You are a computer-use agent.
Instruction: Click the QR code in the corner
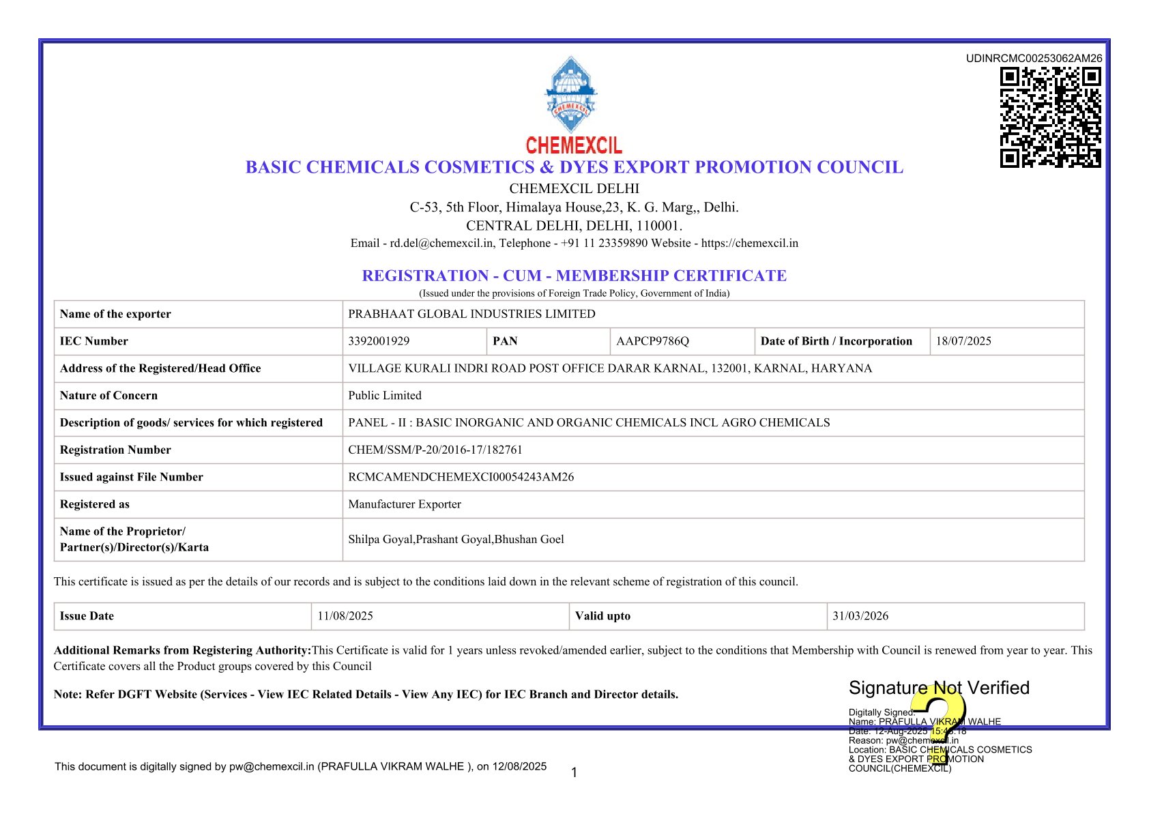click(1050, 117)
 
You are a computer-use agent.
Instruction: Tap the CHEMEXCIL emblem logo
click(571, 95)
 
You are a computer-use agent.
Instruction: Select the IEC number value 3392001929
click(379, 341)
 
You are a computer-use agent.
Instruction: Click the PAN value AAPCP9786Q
click(652, 341)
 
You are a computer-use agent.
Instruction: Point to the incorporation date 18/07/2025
click(963, 341)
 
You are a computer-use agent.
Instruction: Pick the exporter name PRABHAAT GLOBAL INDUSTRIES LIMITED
click(471, 314)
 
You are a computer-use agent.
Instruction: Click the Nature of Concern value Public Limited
click(385, 396)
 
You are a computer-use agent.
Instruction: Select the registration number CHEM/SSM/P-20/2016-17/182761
click(435, 450)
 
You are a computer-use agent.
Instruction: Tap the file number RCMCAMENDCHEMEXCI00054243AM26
click(461, 477)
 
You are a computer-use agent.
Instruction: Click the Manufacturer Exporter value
click(405, 504)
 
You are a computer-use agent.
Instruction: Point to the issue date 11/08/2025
click(345, 616)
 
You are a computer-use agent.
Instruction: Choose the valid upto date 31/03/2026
click(860, 616)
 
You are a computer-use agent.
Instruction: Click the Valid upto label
click(602, 616)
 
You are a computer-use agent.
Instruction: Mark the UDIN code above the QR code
click(1034, 59)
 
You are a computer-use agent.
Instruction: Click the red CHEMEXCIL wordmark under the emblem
click(574, 145)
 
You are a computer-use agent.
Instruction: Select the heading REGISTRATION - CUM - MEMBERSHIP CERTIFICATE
click(574, 276)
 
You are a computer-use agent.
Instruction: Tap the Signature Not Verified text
click(939, 688)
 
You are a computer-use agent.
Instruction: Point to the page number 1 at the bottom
click(574, 772)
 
